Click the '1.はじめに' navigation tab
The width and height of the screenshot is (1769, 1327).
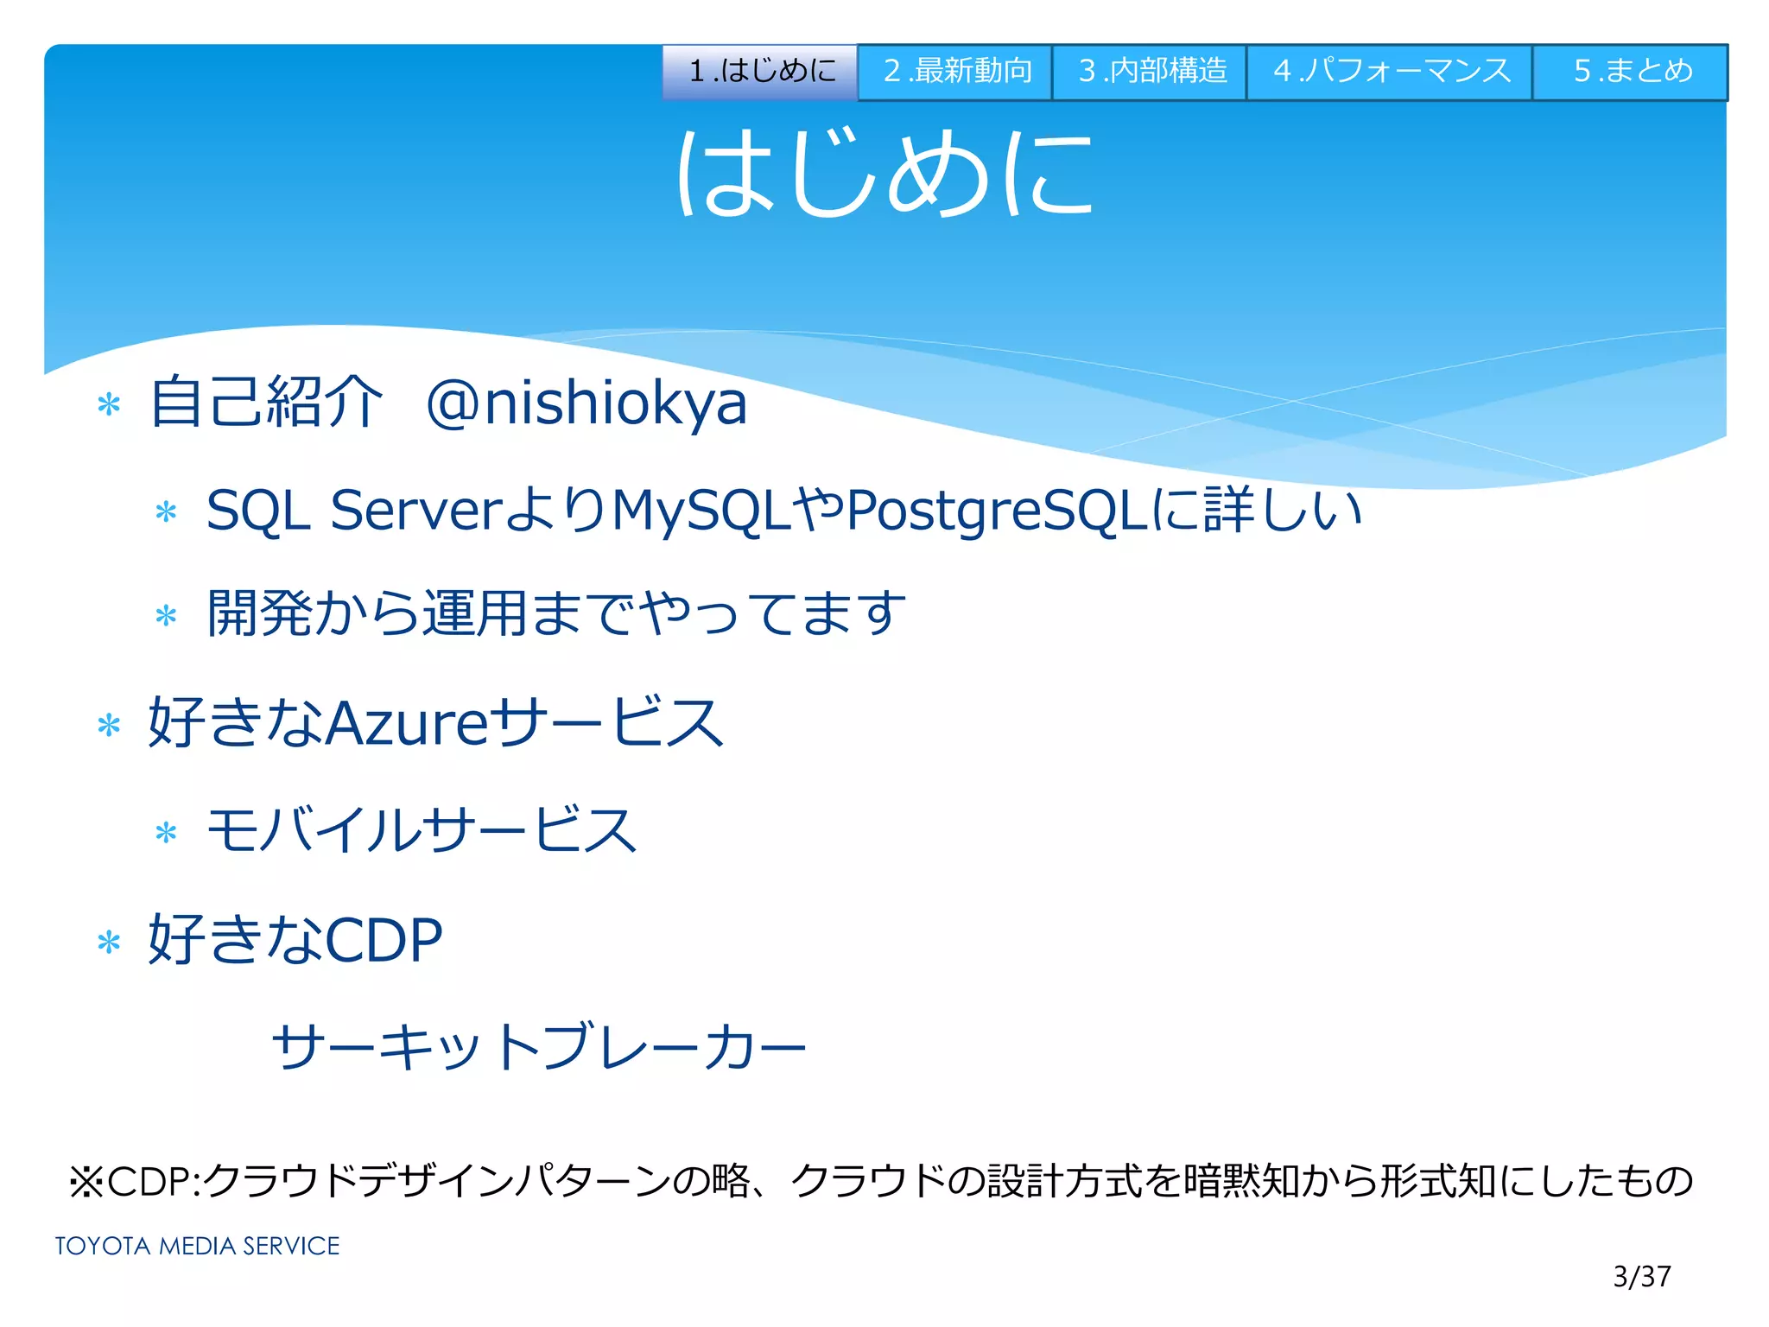point(760,72)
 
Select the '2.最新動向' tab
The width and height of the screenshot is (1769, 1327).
point(955,72)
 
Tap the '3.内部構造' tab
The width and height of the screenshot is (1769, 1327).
point(1150,72)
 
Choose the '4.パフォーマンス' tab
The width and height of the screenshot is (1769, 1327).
point(1390,72)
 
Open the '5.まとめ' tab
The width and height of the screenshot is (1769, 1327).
point(1631,72)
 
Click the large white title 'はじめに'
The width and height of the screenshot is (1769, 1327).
point(884,173)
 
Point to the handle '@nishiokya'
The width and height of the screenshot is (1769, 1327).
point(586,403)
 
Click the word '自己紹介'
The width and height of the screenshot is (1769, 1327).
point(265,403)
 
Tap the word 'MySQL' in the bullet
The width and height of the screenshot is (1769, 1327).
point(701,511)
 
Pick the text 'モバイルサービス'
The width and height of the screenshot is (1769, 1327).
point(422,830)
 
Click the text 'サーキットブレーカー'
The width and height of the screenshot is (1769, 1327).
point(538,1047)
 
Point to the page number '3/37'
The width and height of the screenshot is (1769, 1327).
point(1641,1276)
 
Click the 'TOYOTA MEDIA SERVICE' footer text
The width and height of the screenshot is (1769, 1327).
point(197,1246)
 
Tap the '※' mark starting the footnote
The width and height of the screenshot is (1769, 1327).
point(86,1182)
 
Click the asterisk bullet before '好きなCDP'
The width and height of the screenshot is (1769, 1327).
point(109,942)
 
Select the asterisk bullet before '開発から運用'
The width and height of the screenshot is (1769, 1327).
point(166,616)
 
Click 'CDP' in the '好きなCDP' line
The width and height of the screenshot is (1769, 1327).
point(384,940)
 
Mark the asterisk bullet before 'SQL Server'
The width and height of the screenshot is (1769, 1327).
point(166,512)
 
